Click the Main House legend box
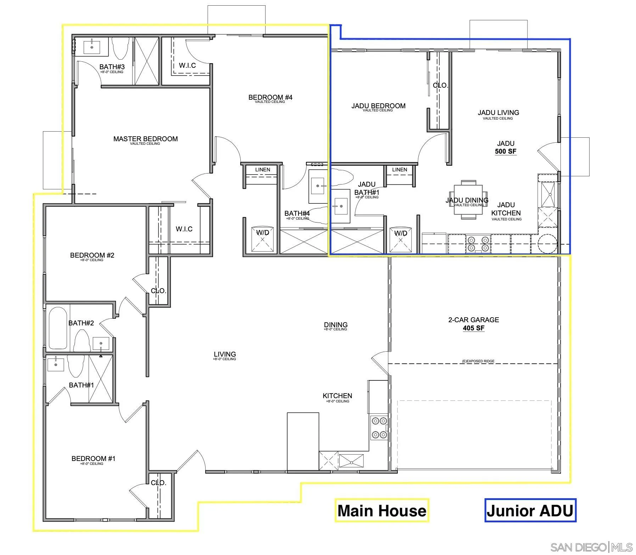pos(382,511)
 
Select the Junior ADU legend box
pos(530,511)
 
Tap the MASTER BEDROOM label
pos(145,139)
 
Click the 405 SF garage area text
pos(473,328)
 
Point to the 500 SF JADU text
pos(506,152)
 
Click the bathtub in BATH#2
pos(58,328)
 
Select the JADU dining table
pos(468,200)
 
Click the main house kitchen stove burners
pos(379,428)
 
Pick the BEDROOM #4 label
pos(270,97)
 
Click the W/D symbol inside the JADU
pos(401,239)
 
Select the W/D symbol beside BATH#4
pos(262,239)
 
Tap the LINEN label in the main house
pos(262,170)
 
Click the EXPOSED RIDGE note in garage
pos(478,361)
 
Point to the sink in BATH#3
pos(92,47)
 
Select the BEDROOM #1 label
pos(93,458)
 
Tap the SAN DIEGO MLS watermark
pos(591,547)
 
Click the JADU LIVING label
pos(498,113)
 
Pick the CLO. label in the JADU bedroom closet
pos(440,86)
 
